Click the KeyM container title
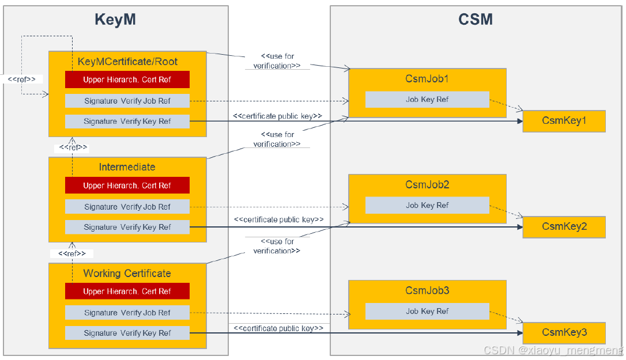[x=115, y=20]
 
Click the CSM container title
[x=476, y=20]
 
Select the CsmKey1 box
[x=564, y=121]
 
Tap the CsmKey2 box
[x=564, y=227]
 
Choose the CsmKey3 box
[x=564, y=333]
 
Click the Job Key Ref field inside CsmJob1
[x=427, y=100]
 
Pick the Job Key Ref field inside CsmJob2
[x=427, y=206]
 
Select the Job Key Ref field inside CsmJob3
[x=427, y=312]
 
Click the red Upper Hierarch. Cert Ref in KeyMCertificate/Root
[x=127, y=79]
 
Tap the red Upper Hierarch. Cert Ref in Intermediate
[x=127, y=185]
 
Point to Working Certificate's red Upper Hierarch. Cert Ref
[x=127, y=291]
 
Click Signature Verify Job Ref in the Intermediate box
[x=127, y=207]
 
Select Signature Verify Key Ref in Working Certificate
[x=127, y=333]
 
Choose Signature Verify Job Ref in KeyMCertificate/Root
[x=127, y=101]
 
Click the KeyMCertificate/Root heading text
[x=127, y=62]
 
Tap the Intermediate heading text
[x=127, y=167]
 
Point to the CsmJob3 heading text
[x=427, y=291]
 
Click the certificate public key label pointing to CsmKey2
[x=278, y=219]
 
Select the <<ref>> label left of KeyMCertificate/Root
[x=22, y=79]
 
